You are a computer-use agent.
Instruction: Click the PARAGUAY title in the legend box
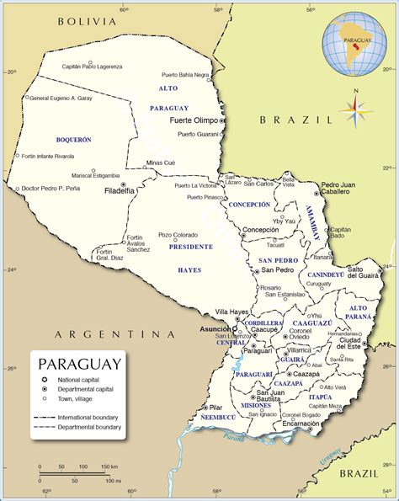pyautogui.click(x=79, y=364)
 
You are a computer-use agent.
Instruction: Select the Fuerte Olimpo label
pyautogui.click(x=193, y=120)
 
